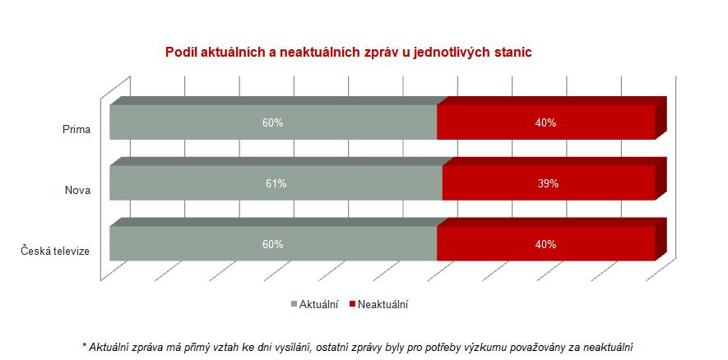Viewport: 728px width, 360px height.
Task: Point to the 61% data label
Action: pos(276,184)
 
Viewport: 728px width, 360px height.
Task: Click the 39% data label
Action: pos(549,184)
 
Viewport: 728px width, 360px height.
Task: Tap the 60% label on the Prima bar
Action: pos(273,123)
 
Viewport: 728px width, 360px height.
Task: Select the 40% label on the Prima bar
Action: pos(545,123)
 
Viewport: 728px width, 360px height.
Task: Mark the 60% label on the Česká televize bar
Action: pos(273,245)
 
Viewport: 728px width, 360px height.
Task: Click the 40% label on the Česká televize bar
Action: pos(545,245)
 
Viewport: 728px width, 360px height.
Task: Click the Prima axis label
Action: pos(77,129)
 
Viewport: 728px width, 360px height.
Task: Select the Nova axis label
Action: pos(77,190)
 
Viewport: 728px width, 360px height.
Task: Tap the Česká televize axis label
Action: pos(55,251)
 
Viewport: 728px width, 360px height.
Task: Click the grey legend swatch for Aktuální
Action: pos(294,304)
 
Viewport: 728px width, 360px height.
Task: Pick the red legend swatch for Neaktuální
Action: pos(352,304)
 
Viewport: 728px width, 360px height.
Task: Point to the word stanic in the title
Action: pos(513,53)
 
